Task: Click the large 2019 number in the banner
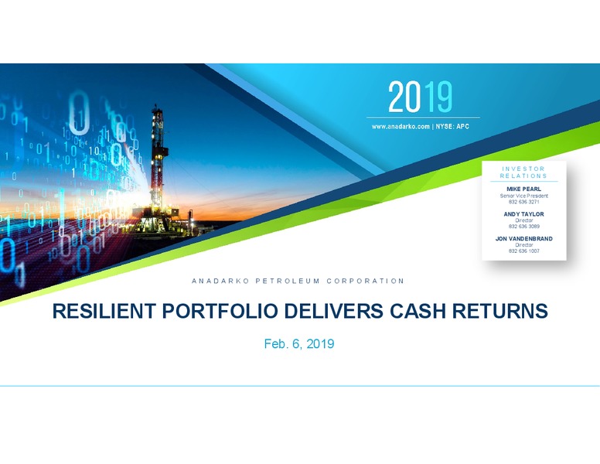420,97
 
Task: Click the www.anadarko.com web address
401,126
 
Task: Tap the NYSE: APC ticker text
452,126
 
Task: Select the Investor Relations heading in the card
523,172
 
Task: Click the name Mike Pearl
524,189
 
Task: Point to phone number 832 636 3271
524,202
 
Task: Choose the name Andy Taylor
524,214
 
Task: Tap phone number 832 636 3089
524,227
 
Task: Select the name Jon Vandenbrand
524,238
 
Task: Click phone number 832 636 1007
524,251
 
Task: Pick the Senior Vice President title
524,196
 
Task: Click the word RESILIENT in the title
104,311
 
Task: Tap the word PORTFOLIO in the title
220,311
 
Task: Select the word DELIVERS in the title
333,311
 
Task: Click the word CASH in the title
418,311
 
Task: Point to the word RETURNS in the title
499,311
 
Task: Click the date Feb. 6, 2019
299,344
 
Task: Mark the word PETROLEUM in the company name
288,281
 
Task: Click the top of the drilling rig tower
155,105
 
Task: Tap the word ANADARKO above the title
220,281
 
